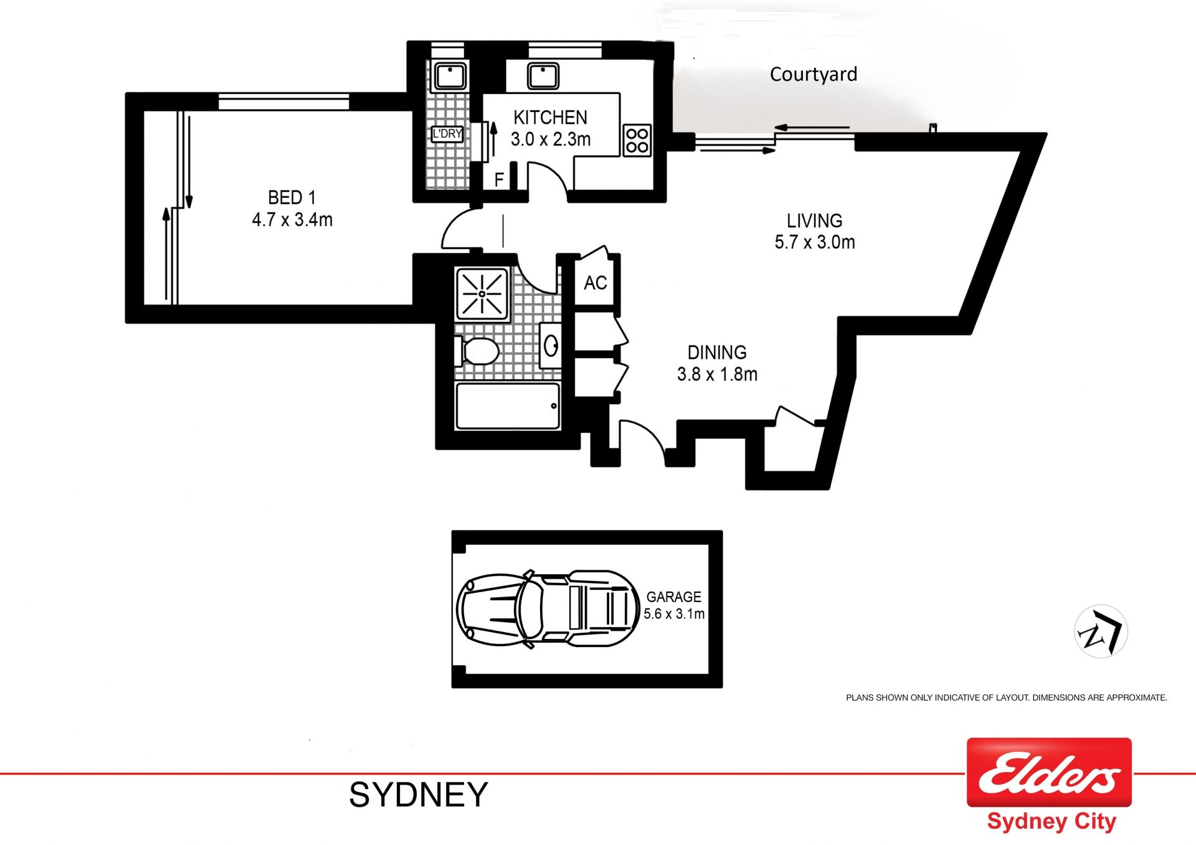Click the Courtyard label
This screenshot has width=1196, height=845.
click(814, 75)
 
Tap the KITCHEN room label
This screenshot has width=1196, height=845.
click(550, 118)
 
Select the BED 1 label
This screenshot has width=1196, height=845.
click(292, 197)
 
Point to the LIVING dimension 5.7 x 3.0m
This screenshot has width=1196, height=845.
click(815, 242)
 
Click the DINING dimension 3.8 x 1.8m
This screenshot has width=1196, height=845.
click(717, 374)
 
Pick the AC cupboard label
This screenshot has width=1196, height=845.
click(596, 283)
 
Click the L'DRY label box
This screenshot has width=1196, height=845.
click(447, 133)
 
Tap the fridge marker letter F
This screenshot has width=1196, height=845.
click(499, 180)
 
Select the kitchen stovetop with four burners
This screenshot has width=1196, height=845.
click(637, 139)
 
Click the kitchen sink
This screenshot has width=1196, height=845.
click(543, 76)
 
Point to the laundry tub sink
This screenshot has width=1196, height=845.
click(449, 76)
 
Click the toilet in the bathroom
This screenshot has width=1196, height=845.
click(477, 351)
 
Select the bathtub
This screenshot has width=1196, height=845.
click(508, 406)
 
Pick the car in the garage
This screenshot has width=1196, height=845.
click(548, 609)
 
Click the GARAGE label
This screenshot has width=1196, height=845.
click(674, 597)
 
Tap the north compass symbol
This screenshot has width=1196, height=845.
click(1101, 632)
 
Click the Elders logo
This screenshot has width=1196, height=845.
click(1049, 772)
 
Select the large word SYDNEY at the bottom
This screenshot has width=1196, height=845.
click(419, 795)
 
